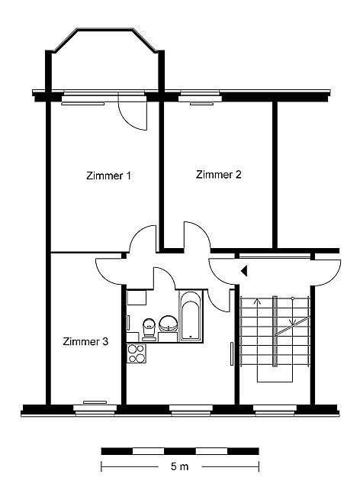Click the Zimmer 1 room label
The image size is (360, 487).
(x=108, y=176)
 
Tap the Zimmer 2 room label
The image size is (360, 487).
(x=218, y=175)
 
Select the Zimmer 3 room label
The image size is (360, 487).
(x=85, y=342)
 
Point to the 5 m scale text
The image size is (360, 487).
(x=179, y=466)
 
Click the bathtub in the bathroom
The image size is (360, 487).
(x=191, y=316)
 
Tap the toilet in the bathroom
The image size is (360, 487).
(x=149, y=329)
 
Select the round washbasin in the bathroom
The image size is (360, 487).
(x=169, y=324)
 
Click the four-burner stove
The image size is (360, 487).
(x=137, y=353)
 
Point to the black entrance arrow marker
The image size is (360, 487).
(x=244, y=271)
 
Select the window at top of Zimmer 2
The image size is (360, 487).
(x=200, y=98)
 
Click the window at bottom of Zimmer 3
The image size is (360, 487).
(x=95, y=410)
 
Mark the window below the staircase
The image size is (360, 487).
(x=275, y=410)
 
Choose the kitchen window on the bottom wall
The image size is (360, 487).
(x=191, y=410)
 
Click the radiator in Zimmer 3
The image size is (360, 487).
(x=95, y=402)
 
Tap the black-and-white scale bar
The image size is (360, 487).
(x=180, y=451)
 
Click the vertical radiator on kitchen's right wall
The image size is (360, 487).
(x=232, y=353)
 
